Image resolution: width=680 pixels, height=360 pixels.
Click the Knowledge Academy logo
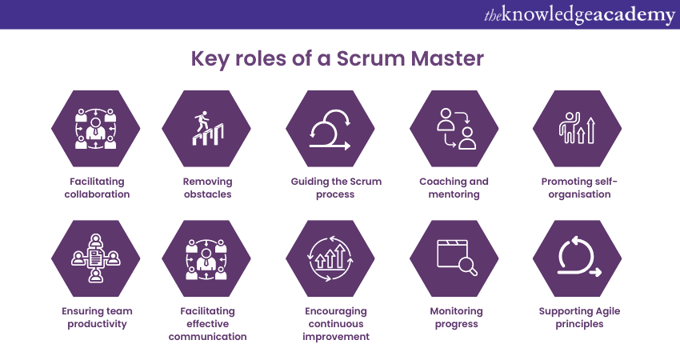tap(579, 14)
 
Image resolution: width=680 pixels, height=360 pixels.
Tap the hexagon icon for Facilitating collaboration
tap(96, 127)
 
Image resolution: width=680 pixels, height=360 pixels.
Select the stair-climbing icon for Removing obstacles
tap(206, 127)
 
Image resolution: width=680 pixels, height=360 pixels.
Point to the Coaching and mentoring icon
tap(454, 127)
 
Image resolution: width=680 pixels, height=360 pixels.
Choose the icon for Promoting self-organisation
tap(578, 127)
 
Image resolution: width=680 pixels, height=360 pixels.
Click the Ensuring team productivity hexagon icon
tap(96, 258)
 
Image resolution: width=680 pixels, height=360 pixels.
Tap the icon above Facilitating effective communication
tap(206, 258)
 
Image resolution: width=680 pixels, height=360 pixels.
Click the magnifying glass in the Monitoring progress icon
tap(467, 269)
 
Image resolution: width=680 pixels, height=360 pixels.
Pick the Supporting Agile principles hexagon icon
tap(578, 258)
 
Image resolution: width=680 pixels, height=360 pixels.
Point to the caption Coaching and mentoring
tap(454, 187)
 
